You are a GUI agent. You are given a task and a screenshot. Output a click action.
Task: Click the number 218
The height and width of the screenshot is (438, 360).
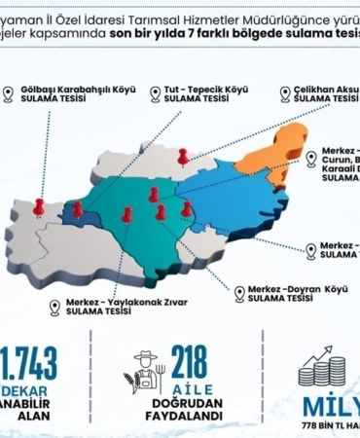click(189, 361)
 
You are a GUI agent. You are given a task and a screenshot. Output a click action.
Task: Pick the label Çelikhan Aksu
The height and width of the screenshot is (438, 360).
click(325, 89)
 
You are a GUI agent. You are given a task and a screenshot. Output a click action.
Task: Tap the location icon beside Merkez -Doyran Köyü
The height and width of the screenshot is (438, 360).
click(239, 292)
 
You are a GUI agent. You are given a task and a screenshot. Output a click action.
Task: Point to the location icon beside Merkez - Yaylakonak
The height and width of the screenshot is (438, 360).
click(54, 308)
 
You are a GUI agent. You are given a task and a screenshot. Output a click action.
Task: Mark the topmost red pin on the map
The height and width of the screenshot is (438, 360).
click(182, 155)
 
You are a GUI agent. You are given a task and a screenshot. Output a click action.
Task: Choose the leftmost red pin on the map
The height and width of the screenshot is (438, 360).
click(39, 206)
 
